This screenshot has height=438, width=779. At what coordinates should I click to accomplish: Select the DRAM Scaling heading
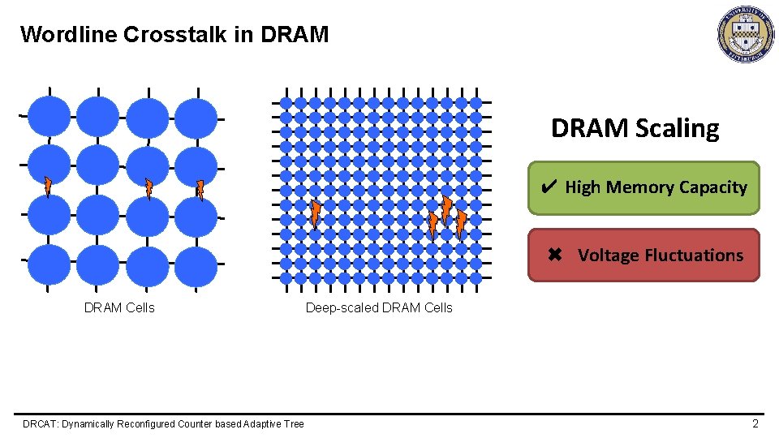(635, 128)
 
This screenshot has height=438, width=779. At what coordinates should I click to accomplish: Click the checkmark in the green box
(548, 187)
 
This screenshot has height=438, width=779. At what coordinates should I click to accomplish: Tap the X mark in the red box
(555, 255)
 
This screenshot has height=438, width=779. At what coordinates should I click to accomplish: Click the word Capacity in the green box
(712, 187)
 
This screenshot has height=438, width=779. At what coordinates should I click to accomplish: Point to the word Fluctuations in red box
(694, 255)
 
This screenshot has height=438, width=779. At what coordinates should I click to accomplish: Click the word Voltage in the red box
(609, 255)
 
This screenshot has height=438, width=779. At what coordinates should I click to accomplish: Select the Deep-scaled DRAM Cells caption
(379, 307)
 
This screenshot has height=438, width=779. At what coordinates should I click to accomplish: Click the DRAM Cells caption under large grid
(119, 307)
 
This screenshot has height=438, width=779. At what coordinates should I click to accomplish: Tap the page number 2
(755, 423)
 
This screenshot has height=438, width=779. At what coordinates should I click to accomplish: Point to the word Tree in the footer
(294, 424)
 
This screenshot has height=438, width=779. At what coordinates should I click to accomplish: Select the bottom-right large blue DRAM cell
(196, 265)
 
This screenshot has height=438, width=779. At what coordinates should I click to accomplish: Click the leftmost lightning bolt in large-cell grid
(47, 187)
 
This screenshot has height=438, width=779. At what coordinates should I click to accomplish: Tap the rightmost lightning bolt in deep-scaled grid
(460, 224)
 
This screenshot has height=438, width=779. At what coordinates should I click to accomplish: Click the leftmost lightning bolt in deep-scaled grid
(315, 215)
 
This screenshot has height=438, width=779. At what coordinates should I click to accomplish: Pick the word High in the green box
(583, 187)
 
